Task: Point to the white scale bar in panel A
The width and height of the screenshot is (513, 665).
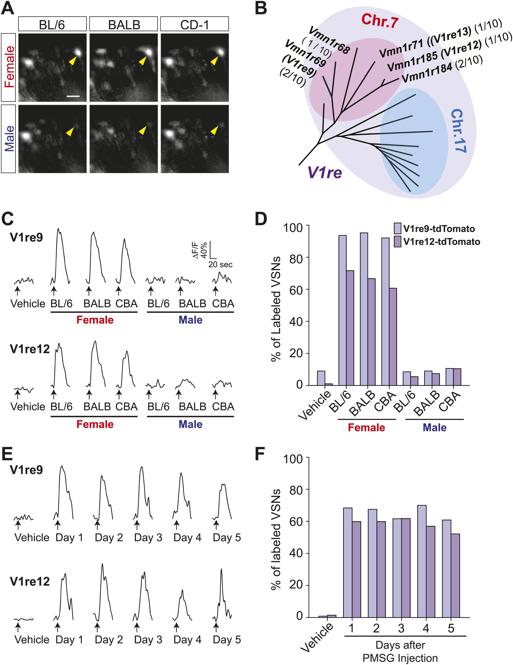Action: click(x=73, y=96)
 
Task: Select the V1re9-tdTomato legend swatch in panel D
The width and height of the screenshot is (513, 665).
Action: click(x=397, y=228)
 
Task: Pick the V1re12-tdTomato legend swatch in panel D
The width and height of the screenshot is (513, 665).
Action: click(x=397, y=241)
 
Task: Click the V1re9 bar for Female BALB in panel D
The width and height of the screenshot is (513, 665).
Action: click(x=364, y=309)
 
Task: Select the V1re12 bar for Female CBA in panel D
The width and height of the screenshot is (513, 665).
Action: click(x=393, y=336)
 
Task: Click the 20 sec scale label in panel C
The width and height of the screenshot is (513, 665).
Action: click(x=220, y=265)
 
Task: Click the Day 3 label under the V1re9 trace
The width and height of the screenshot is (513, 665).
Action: click(x=148, y=537)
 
